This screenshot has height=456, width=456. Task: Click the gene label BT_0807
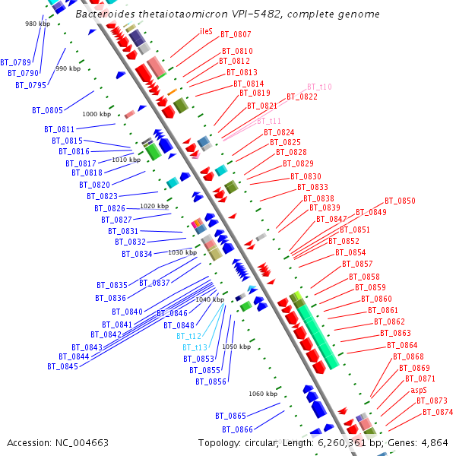pos(236,35)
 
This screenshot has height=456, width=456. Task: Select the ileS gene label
pos(206,31)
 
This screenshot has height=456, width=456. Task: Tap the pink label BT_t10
pos(319,87)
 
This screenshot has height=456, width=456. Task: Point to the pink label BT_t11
pos(269,121)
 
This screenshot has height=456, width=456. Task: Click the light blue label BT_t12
pos(188,336)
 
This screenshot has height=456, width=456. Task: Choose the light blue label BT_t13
pos(195,347)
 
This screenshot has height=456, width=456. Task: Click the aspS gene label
pos(419,390)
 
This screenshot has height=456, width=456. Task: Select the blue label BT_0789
pos(16,62)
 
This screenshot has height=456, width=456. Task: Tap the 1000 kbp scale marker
pos(97,114)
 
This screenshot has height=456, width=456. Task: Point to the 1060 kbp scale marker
pos(263,394)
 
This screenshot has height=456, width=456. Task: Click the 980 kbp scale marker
pos(37,24)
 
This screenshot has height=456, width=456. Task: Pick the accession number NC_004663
pos(82,443)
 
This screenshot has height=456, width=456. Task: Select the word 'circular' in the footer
pos(261,443)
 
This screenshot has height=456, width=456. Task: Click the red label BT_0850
pos(400,201)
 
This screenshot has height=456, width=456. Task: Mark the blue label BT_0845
pos(63,366)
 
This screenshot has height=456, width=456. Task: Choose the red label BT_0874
pos(438,412)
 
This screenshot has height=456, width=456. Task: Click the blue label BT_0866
pos(237,429)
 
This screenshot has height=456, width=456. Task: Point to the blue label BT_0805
pos(47,110)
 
